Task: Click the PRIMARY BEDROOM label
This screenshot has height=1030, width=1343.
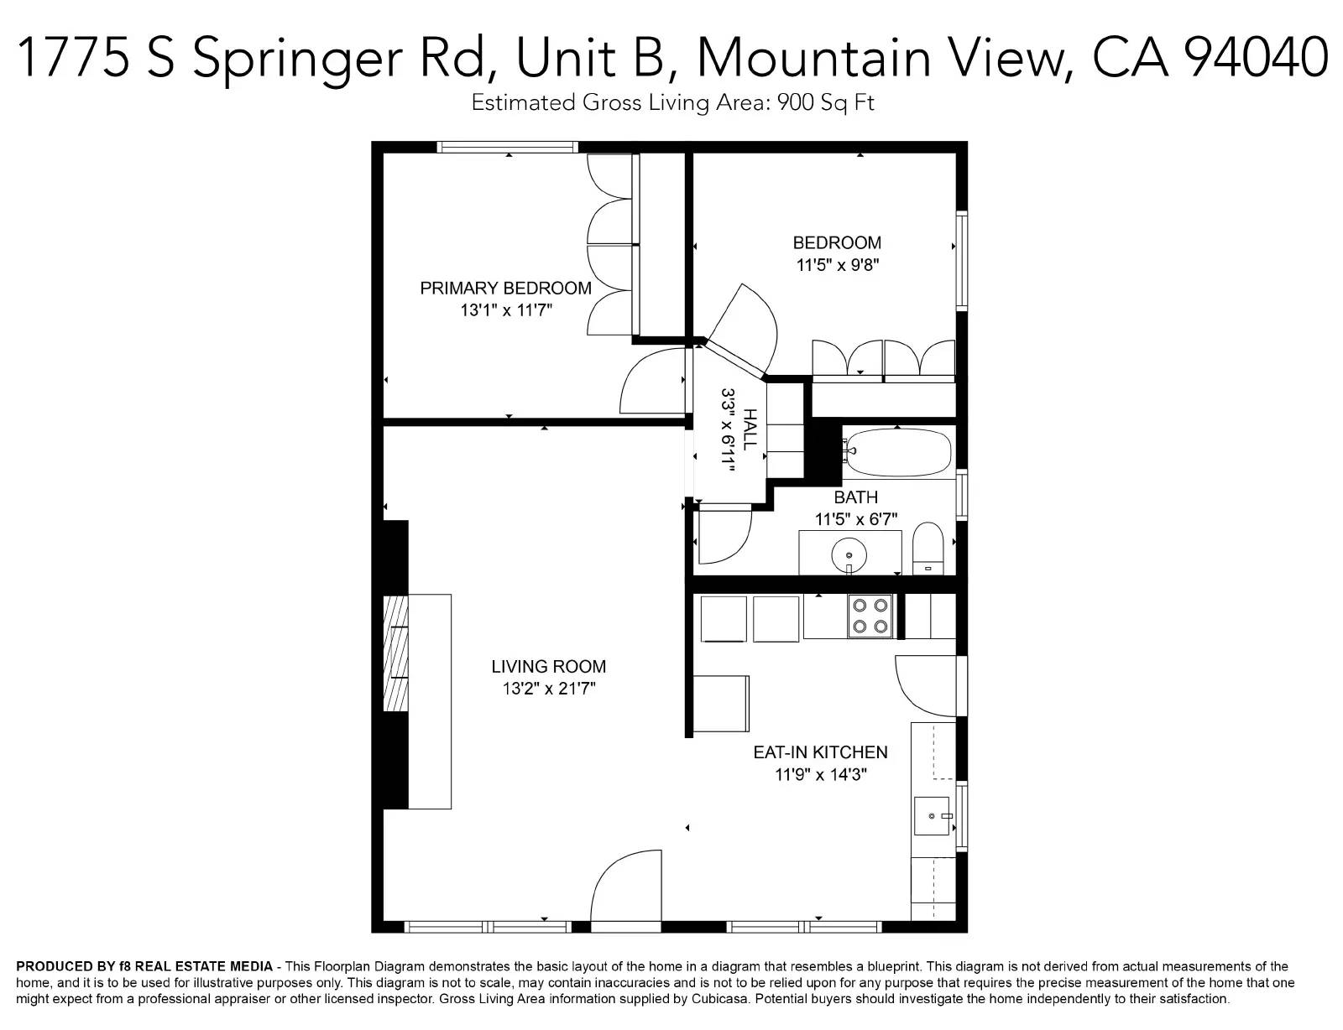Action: (505, 289)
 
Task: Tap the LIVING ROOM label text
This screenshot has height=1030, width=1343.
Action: (549, 666)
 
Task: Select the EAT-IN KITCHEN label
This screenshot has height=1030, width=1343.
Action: (820, 752)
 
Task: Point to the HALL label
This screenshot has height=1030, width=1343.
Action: (749, 429)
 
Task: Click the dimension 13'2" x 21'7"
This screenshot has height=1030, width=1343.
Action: (549, 689)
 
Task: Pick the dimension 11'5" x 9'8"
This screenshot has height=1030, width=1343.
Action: (838, 265)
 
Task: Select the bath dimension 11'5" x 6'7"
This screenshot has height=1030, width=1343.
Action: (856, 519)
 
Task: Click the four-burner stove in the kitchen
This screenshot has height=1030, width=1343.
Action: (870, 616)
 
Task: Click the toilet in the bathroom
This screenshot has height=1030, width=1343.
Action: (928, 549)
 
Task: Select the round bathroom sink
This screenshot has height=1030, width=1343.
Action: (849, 555)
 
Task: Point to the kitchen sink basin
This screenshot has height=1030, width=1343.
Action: (932, 816)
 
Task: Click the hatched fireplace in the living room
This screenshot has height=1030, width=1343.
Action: (395, 653)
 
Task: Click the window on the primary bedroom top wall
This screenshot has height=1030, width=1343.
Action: (508, 147)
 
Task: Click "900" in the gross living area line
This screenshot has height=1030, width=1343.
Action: (795, 101)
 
